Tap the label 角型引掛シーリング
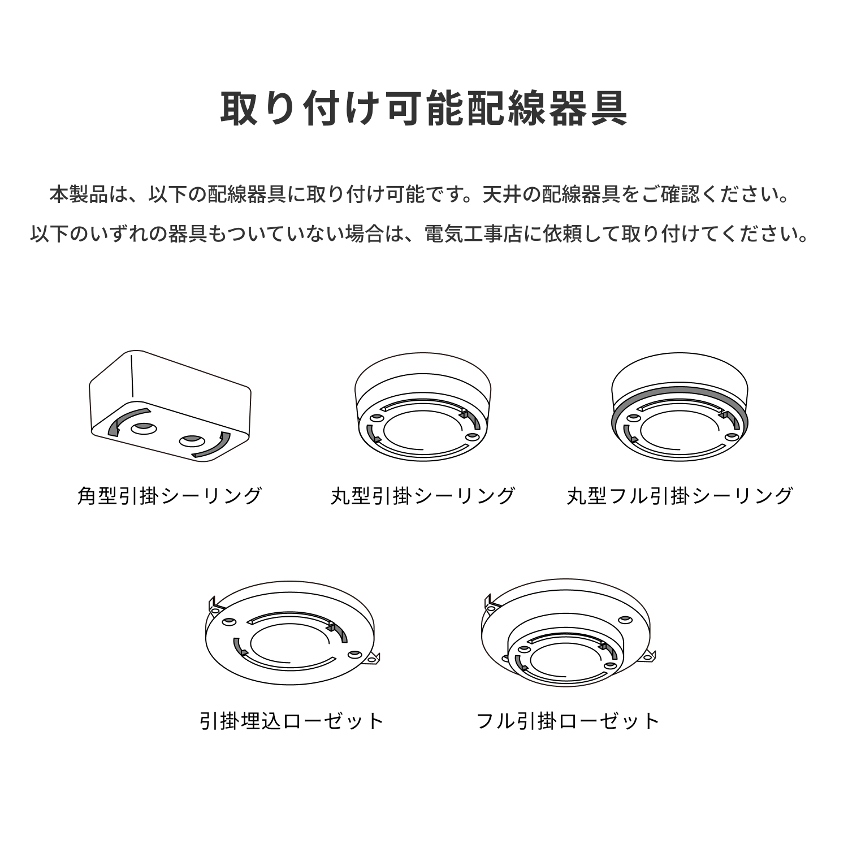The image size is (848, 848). pyautogui.click(x=170, y=496)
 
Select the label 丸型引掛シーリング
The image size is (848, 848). pyautogui.click(x=423, y=496)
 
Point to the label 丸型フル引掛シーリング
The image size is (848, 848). pyautogui.click(x=680, y=496)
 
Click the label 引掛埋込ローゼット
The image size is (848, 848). pyautogui.click(x=292, y=721)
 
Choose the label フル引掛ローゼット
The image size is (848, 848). pyautogui.click(x=568, y=721)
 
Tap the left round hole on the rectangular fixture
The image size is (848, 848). pyautogui.click(x=143, y=428)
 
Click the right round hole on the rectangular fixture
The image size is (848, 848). pyautogui.click(x=191, y=440)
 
